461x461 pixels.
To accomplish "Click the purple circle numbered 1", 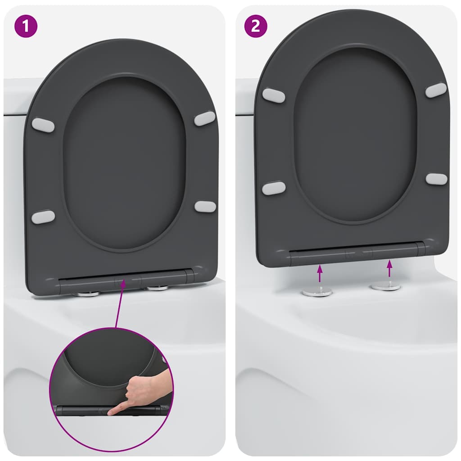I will click(x=26, y=26).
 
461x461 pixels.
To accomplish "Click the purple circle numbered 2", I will click(x=256, y=26).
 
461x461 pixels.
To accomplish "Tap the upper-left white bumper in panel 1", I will click(x=43, y=125).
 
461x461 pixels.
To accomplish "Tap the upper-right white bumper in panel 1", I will click(x=205, y=118).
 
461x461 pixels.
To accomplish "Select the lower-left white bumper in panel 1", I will click(x=43, y=217).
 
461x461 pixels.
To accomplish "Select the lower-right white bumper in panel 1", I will click(x=205, y=207).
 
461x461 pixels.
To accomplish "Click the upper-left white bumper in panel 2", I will click(x=274, y=95).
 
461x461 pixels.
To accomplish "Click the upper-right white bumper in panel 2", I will click(x=436, y=90).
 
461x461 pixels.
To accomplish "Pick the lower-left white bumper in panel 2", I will click(x=274, y=188).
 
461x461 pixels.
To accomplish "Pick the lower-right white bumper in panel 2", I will click(x=436, y=179).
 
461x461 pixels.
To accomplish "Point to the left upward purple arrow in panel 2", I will click(x=320, y=274).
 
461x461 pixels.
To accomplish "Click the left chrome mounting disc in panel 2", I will click(x=317, y=292).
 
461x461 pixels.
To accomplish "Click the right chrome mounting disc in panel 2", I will click(x=386, y=286).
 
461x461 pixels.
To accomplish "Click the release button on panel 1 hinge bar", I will click(x=120, y=283).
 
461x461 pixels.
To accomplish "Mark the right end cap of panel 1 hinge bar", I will click(x=190, y=276).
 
